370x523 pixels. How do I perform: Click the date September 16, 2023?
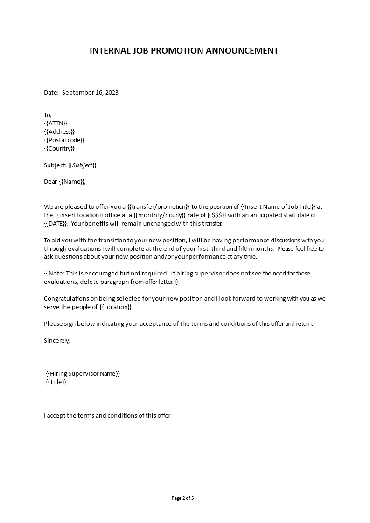point(90,92)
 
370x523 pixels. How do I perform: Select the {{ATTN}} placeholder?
point(56,123)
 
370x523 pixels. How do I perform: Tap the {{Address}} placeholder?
point(59,131)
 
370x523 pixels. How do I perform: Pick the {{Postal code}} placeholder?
point(64,140)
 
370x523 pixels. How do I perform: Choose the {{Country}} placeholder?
point(59,149)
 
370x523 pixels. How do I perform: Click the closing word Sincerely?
point(56,340)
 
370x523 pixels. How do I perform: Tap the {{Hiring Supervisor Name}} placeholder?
point(83,374)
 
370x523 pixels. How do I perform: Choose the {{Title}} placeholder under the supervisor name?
point(56,382)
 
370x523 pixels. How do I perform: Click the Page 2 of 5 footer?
point(183,498)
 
